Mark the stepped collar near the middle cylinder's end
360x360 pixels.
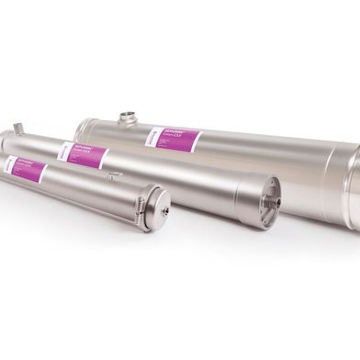244,194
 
